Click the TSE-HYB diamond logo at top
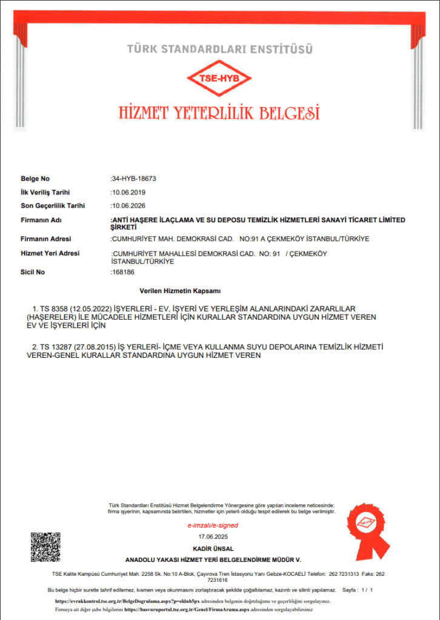(219, 79)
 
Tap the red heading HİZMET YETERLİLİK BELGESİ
(219, 113)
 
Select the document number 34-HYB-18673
(134, 179)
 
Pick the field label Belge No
(35, 179)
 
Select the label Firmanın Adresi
(46, 239)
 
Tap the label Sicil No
(33, 272)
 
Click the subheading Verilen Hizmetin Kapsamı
(179, 291)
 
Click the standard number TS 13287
(52, 347)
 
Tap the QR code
(45, 547)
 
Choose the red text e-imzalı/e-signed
(213, 526)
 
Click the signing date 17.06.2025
(212, 537)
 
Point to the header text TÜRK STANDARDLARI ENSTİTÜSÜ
(219, 48)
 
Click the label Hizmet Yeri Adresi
(50, 254)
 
